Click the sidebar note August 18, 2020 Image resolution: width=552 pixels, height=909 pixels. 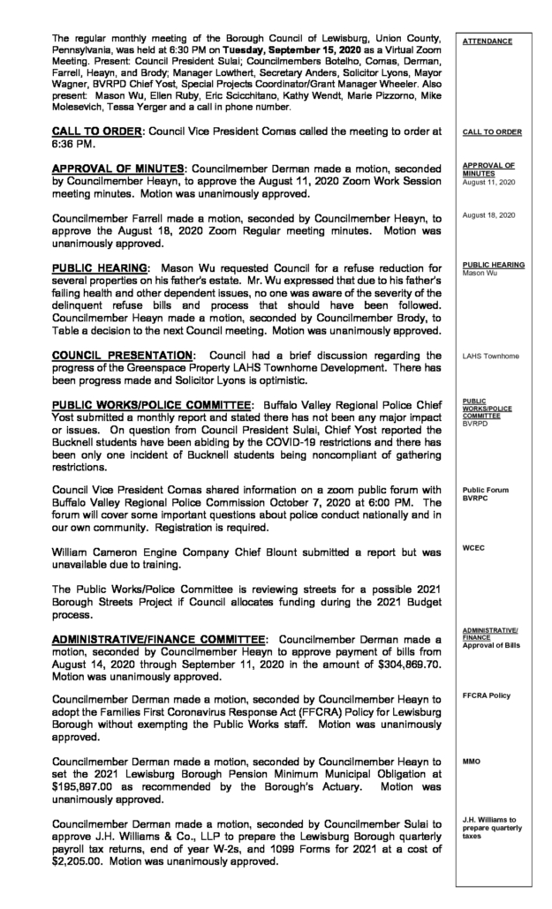click(x=487, y=214)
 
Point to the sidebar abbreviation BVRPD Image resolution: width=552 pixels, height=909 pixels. click(x=476, y=424)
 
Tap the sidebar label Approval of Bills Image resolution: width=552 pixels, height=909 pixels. click(x=494, y=646)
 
